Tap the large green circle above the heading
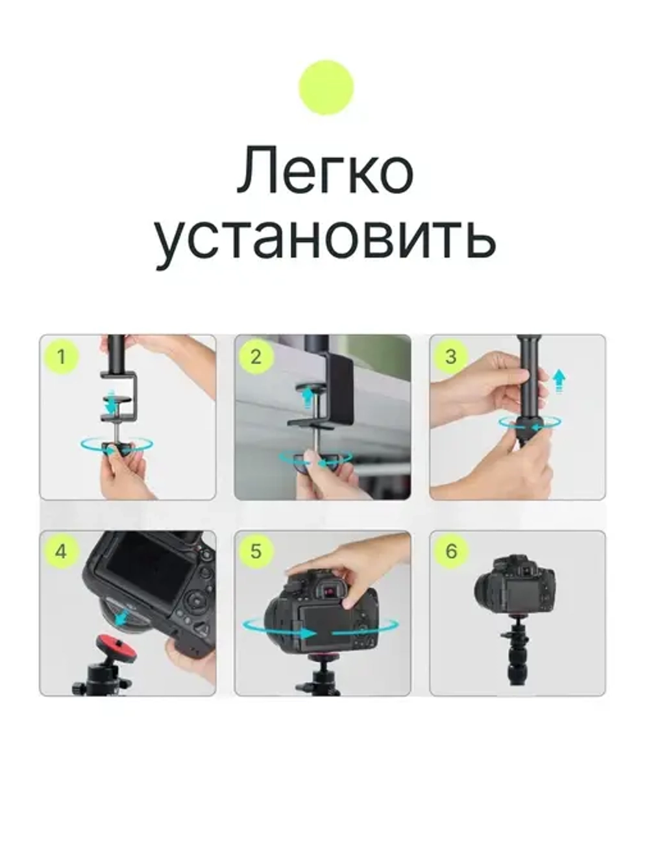[326, 88]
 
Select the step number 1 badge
[62, 356]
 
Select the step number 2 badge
[256, 356]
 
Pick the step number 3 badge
[451, 356]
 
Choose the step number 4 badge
[61, 552]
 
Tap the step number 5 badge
[256, 552]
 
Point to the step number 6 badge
[451, 552]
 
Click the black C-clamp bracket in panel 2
[337, 389]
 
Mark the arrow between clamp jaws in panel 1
[112, 403]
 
